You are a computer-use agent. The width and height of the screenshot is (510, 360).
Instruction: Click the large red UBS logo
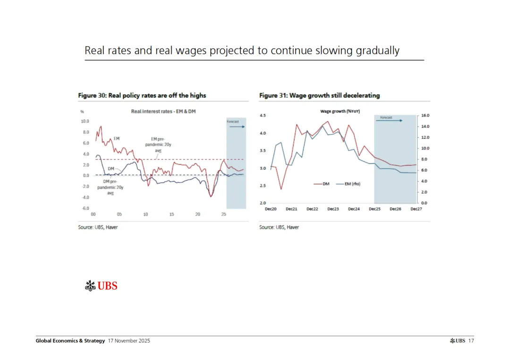[x=101, y=285]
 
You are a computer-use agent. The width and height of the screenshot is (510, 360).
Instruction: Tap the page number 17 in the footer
[x=471, y=341]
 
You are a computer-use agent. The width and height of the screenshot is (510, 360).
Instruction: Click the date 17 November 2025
[x=129, y=341]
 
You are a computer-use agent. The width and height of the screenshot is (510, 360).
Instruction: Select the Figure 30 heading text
[x=142, y=95]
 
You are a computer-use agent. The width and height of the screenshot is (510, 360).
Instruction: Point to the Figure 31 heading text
[x=319, y=95]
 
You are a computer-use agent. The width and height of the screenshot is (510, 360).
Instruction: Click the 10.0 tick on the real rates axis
[x=85, y=121]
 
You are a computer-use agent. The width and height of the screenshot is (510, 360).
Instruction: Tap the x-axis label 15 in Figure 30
[x=171, y=214]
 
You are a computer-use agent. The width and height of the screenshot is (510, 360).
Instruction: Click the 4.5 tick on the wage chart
[x=263, y=116]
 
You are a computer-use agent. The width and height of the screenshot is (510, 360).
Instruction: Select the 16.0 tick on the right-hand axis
[x=425, y=116]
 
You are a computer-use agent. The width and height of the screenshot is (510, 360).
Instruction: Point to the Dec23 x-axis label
[x=333, y=209]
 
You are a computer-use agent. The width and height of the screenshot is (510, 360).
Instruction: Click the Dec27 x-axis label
[x=416, y=209]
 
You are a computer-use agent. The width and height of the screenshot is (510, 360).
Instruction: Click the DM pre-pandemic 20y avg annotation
[x=110, y=187]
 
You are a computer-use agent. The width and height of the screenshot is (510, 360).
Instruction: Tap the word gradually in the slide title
[x=376, y=50]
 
